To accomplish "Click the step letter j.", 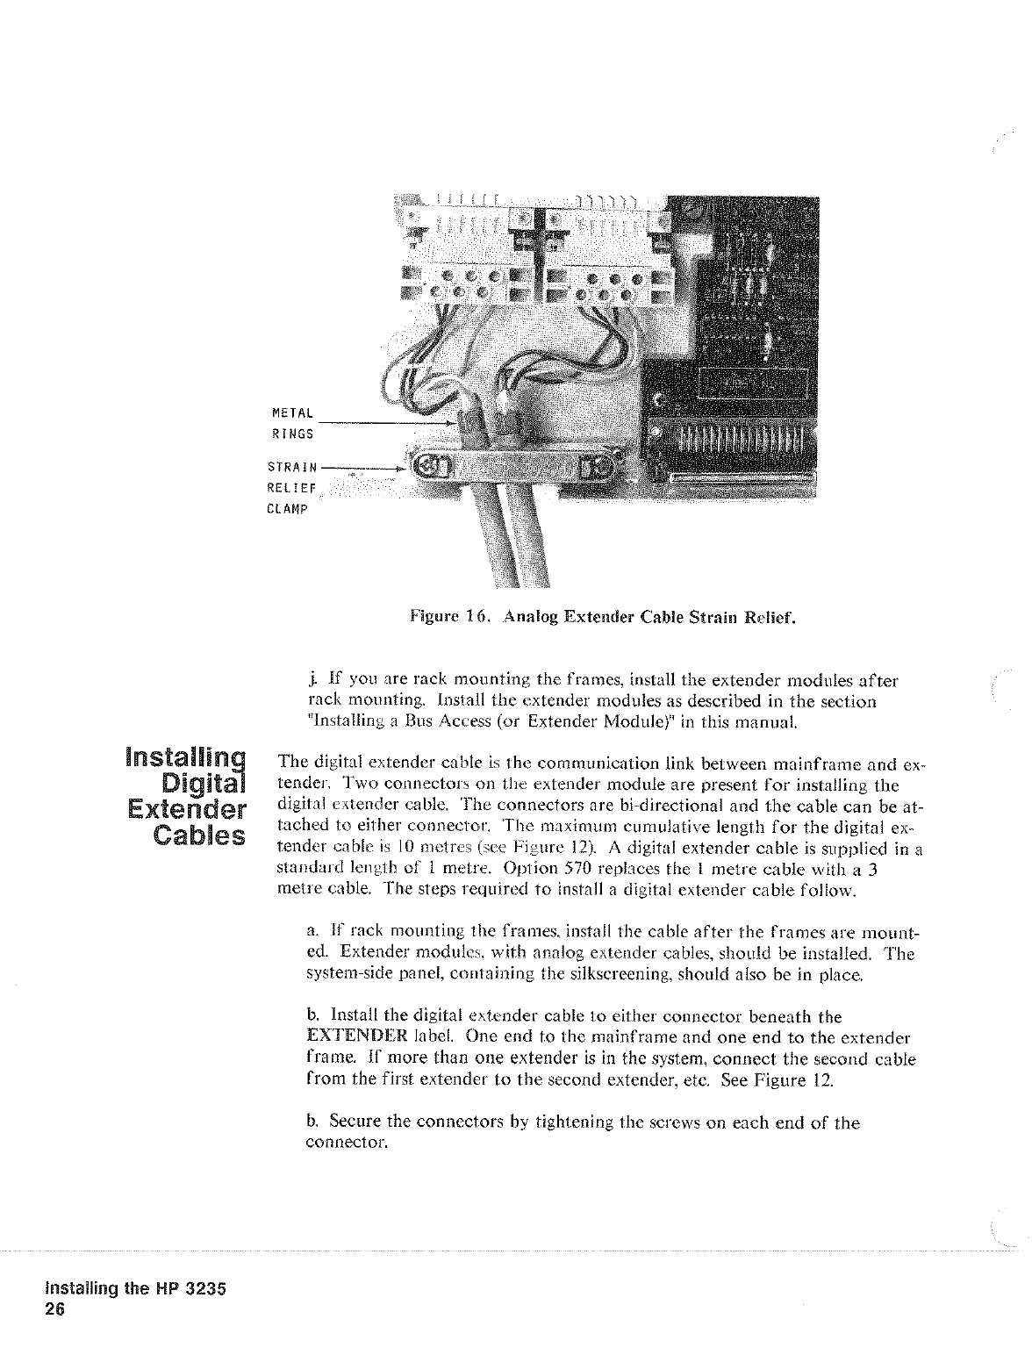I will [302, 680].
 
